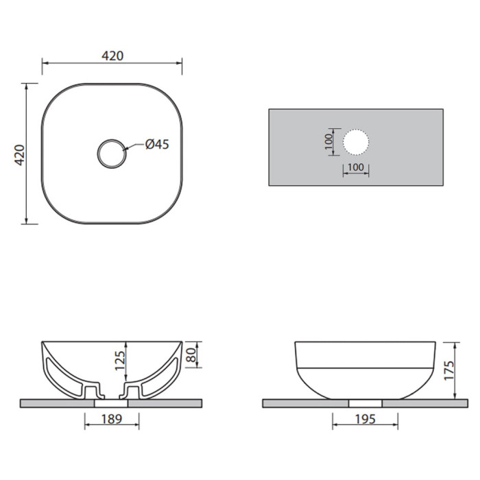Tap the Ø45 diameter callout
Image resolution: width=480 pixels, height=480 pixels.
pyautogui.click(x=157, y=144)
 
